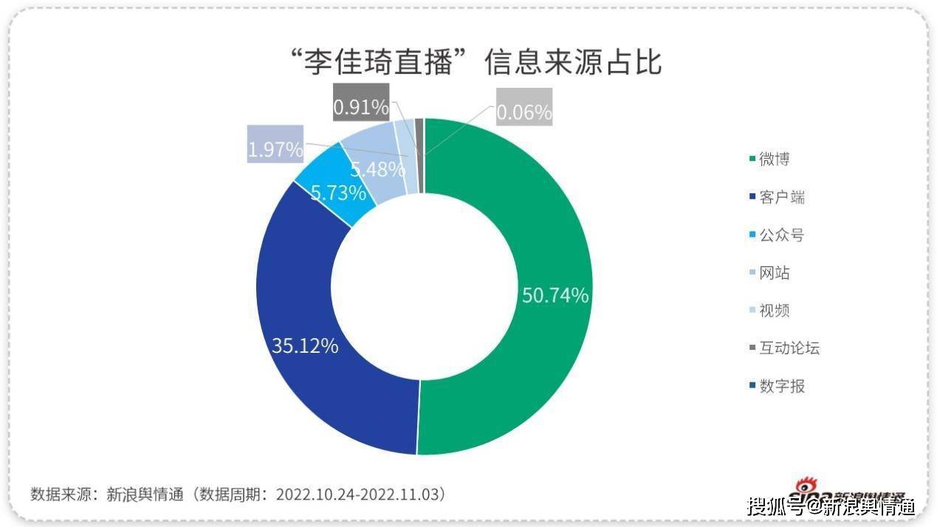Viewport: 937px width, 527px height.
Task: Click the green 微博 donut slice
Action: click(532, 221)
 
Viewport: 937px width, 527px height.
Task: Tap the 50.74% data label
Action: click(555, 295)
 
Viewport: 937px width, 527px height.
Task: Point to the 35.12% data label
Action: click(305, 345)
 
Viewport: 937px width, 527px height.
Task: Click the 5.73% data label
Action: click(338, 193)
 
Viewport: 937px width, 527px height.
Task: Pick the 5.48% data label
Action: click(377, 169)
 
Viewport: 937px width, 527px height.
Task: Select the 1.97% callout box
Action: click(275, 150)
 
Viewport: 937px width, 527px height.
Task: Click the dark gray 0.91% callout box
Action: click(360, 108)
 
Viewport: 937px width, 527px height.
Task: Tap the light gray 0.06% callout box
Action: click(524, 112)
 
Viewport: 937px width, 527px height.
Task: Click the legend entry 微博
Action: click(775, 159)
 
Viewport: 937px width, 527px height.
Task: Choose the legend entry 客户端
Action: click(782, 197)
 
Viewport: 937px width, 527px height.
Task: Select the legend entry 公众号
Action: click(781, 235)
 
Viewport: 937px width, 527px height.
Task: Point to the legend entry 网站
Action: click(775, 272)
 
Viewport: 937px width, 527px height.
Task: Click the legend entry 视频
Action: click(775, 310)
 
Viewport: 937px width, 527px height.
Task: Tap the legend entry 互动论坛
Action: click(789, 348)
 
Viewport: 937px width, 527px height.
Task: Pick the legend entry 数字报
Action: click(782, 385)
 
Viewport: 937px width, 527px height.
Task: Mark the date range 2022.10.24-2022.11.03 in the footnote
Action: click(360, 494)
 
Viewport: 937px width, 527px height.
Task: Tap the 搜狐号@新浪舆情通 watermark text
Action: click(831, 506)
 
